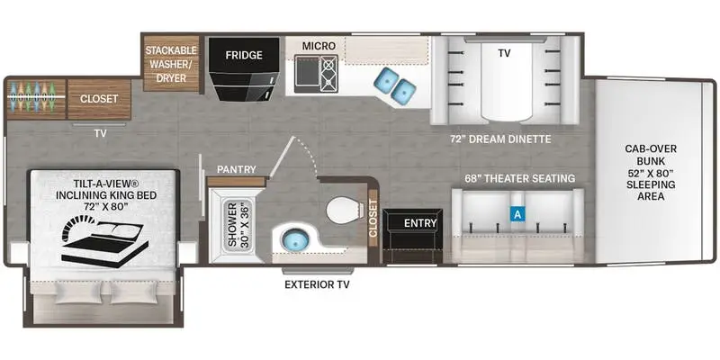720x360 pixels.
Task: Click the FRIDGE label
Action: pos(244,56)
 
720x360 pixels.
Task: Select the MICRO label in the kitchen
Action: pos(319,45)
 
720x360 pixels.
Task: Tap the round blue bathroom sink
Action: pos(295,242)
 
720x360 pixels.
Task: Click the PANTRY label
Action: pos(237,168)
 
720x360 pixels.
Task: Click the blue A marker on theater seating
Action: pos(517,214)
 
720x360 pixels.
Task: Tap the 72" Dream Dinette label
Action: pos(500,139)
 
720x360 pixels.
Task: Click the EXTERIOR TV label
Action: pos(316,285)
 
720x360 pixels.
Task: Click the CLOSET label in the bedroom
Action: pos(100,98)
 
